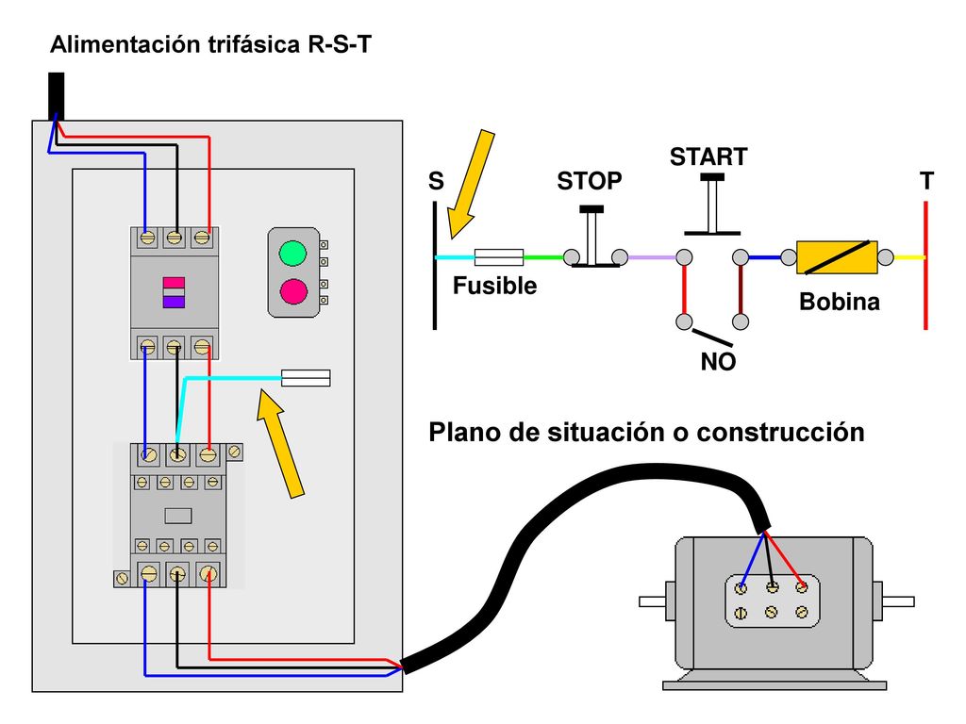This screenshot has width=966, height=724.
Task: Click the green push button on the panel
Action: click(x=292, y=253)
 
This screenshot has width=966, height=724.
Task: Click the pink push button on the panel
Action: click(x=293, y=291)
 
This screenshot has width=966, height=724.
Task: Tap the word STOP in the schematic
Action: click(x=589, y=181)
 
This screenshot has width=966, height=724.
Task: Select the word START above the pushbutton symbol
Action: click(x=708, y=157)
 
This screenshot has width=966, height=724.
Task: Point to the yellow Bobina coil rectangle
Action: click(x=837, y=257)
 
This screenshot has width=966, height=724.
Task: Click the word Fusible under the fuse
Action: click(x=494, y=286)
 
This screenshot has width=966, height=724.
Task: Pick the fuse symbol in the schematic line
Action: click(x=499, y=257)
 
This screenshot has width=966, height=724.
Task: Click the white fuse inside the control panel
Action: click(x=306, y=378)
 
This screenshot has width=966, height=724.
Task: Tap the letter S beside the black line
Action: click(x=436, y=181)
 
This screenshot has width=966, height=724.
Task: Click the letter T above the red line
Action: click(x=926, y=181)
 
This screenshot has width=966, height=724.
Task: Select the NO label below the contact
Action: click(x=718, y=361)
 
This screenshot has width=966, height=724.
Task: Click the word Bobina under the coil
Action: click(x=839, y=302)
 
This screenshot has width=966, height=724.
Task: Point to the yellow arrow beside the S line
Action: click(x=470, y=185)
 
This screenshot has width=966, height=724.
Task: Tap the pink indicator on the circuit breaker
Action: click(x=174, y=283)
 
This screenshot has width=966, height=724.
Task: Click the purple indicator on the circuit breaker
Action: click(x=174, y=302)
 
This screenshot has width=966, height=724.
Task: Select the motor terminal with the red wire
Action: click(x=802, y=587)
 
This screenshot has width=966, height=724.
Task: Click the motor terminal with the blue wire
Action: click(x=741, y=588)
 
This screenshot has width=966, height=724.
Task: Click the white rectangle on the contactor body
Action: click(x=178, y=516)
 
